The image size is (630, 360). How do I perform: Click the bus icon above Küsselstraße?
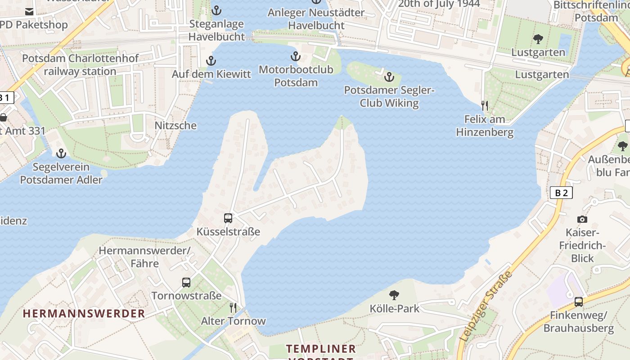coord(228,218)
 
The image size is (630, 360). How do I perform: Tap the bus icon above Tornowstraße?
coord(186,283)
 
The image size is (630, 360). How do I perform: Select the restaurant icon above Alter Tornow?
coord(233,308)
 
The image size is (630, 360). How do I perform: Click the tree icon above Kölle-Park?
coord(394,295)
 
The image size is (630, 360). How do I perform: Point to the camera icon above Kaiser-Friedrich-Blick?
coord(582,219)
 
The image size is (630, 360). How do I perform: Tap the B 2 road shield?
coord(561,193)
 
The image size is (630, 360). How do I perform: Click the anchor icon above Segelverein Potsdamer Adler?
coord(61,154)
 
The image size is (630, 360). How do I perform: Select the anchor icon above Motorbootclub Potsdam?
coord(295,57)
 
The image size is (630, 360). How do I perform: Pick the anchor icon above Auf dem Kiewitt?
coord(211,61)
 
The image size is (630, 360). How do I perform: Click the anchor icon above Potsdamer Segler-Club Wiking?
coord(389,77)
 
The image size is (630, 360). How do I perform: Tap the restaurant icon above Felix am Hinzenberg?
coord(485,106)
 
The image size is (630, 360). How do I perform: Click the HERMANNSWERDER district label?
coord(84,314)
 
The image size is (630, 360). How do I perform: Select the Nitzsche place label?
coord(175,126)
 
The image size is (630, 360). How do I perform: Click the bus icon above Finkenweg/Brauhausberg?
coord(578,302)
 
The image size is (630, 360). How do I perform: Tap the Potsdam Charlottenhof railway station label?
coord(81,65)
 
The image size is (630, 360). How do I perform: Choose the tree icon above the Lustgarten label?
coord(538,39)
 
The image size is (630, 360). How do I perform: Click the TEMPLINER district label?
coord(321,349)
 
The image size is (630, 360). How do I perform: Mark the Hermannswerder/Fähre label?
coord(145,256)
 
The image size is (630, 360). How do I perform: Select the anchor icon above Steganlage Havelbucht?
coord(216,10)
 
